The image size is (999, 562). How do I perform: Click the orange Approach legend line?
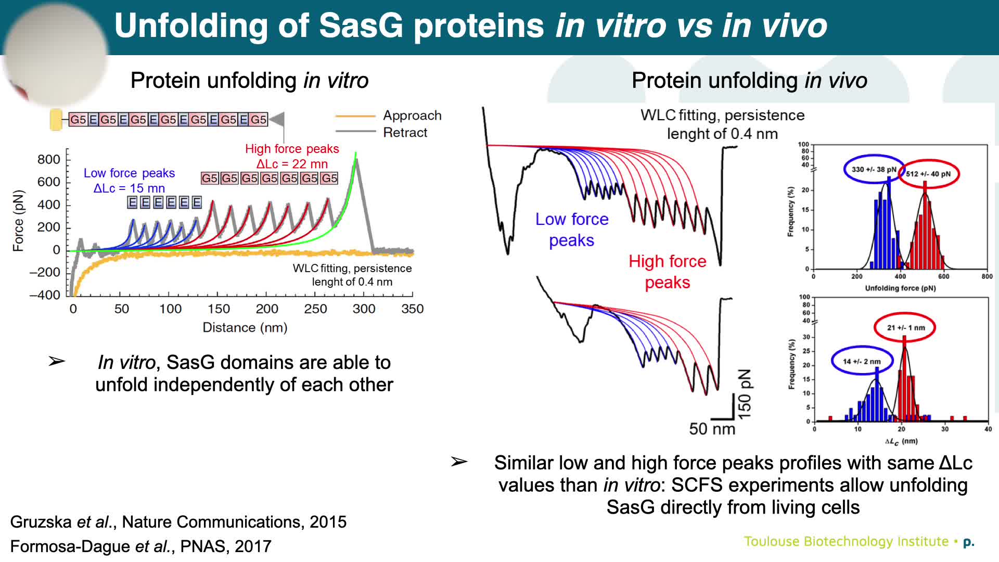click(355, 116)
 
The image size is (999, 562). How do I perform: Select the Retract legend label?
click(405, 133)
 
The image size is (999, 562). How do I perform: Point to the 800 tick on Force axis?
click(49, 159)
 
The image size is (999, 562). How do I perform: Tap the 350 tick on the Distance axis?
click(413, 309)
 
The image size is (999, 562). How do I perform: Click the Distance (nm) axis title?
click(245, 327)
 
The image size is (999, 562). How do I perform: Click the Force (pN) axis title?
click(18, 221)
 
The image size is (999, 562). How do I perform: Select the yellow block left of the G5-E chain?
click(56, 120)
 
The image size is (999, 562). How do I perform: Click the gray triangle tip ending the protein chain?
click(278, 119)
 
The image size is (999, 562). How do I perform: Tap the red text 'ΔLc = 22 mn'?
click(292, 164)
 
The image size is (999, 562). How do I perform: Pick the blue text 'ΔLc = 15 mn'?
click(129, 188)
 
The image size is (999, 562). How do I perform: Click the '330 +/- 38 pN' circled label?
click(874, 169)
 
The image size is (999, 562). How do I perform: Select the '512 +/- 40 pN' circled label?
click(928, 174)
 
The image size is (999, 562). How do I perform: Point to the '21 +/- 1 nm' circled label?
click(906, 327)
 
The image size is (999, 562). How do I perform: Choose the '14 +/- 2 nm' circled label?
click(862, 361)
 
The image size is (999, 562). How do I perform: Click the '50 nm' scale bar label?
click(712, 429)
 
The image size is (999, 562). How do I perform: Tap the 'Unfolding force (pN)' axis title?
click(900, 288)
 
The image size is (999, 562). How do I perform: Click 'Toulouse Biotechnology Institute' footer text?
click(846, 542)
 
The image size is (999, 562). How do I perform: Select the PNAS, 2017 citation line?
click(141, 546)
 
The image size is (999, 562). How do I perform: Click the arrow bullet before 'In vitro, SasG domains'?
click(56, 361)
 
